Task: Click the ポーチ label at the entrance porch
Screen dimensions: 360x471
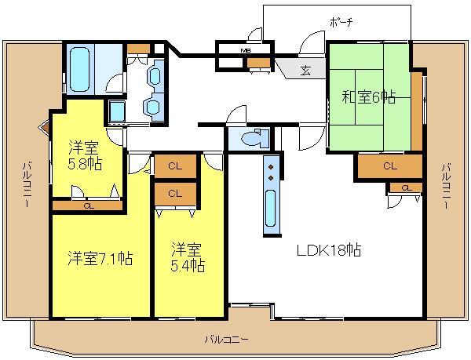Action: (x=340, y=23)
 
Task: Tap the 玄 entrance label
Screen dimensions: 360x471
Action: (x=305, y=71)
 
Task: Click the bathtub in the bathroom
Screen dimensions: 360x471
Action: (x=80, y=69)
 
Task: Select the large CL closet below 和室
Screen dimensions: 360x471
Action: (x=390, y=166)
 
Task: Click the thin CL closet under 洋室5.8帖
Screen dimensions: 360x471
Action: (x=88, y=205)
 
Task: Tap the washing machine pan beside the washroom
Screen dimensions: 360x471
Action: (x=117, y=111)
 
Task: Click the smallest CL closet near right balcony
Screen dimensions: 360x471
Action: (x=405, y=188)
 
